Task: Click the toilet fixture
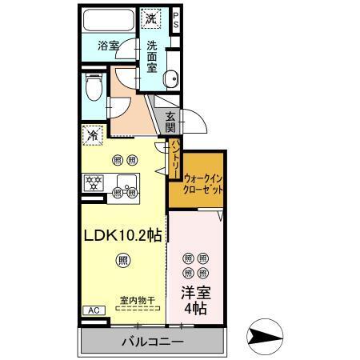click(x=92, y=86)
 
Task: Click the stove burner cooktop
click(x=94, y=182)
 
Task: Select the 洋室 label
click(x=194, y=293)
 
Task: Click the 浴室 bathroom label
click(x=109, y=46)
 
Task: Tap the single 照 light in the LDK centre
click(x=122, y=258)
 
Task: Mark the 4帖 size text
click(x=194, y=309)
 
